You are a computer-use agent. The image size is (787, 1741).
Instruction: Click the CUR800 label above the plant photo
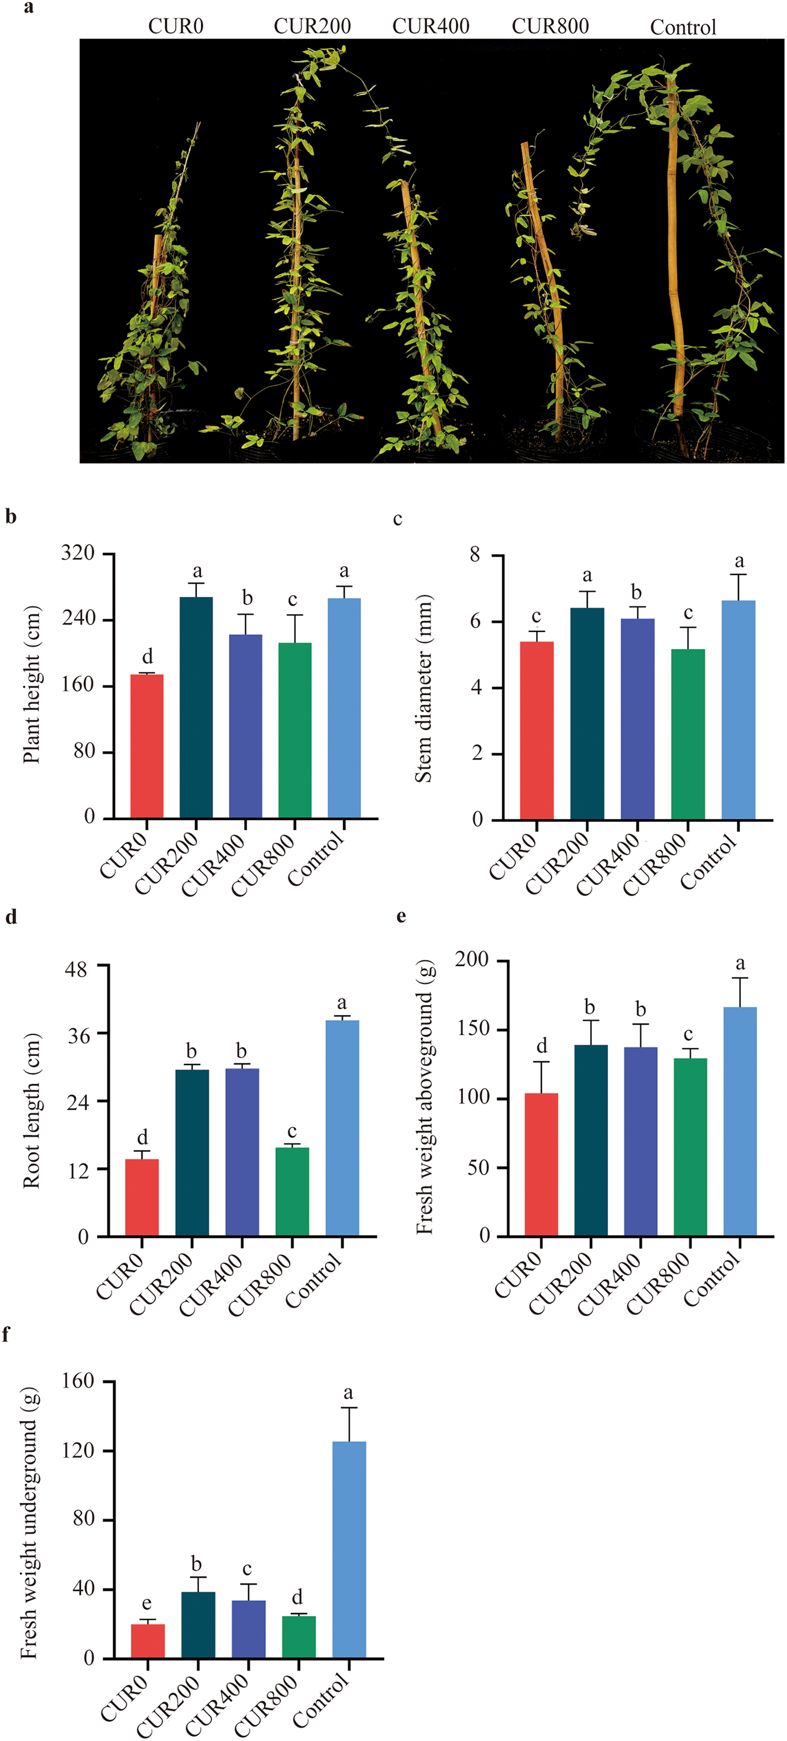click(550, 27)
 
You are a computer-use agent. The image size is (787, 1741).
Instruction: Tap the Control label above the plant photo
click(683, 27)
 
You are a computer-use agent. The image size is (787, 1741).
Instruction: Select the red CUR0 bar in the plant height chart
click(147, 746)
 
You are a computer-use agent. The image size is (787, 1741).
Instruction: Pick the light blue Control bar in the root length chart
click(342, 1128)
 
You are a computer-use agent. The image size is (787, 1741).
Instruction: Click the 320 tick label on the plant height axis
click(78, 554)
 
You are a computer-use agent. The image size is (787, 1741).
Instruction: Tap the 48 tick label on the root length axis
click(76, 970)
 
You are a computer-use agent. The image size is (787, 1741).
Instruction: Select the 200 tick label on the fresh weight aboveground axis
click(471, 959)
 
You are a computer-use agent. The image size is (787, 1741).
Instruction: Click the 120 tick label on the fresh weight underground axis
click(78, 1451)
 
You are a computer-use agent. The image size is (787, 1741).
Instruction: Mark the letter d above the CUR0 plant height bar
click(147, 656)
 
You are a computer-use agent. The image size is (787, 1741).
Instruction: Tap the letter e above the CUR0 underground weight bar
click(147, 1604)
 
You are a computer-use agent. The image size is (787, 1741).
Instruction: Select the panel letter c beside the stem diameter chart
click(398, 519)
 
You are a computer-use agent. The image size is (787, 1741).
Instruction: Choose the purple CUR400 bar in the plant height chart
click(245, 727)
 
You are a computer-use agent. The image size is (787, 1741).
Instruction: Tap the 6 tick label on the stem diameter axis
click(477, 621)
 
